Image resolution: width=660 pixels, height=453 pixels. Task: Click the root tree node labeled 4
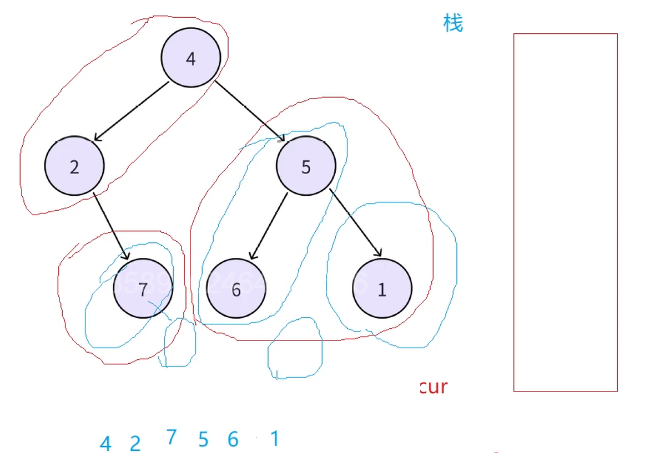coord(191,58)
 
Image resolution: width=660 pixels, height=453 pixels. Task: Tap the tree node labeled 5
coord(306,166)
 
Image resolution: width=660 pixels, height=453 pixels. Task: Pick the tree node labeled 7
coord(143,288)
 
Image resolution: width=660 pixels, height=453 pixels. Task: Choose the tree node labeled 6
coord(236,289)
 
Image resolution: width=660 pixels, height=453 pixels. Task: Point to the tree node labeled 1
coord(382,289)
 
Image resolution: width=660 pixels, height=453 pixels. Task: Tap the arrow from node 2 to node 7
coord(112,226)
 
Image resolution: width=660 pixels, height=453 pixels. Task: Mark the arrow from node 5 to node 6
coord(269,226)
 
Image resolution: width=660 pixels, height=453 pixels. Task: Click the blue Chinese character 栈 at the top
coord(453,23)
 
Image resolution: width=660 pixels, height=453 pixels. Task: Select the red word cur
coord(434,386)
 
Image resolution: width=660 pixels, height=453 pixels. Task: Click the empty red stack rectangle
coord(565,212)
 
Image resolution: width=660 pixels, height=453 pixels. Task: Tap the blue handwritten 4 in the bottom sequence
coord(105,444)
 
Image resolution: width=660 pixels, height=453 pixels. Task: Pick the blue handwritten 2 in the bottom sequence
coord(135,444)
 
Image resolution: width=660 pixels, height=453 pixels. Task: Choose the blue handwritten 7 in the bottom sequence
coord(171,437)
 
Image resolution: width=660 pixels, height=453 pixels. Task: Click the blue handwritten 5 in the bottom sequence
coord(203,440)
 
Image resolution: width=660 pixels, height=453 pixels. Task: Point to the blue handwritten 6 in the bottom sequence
coord(233,439)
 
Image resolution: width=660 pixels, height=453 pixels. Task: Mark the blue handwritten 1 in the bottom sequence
coord(274,439)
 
